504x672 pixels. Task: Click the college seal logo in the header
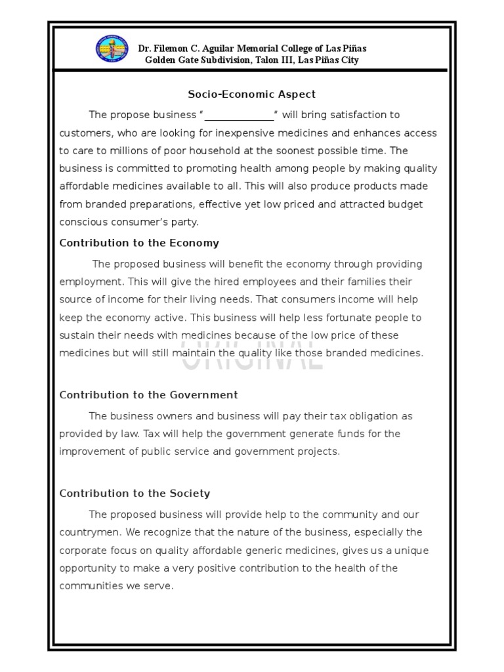[x=113, y=53]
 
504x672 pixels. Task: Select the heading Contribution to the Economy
[x=139, y=243]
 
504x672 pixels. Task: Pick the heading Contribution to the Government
[x=148, y=395]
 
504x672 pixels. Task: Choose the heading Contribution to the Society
[x=135, y=493]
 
